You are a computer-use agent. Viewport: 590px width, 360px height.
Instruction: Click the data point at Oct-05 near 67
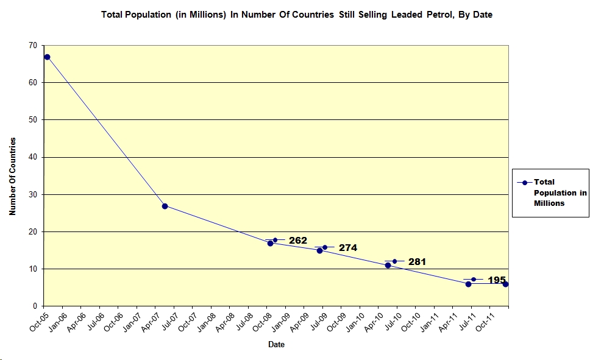click(x=47, y=57)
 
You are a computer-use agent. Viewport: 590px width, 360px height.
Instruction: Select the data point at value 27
click(x=165, y=206)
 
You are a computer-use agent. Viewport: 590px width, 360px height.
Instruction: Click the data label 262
click(x=298, y=241)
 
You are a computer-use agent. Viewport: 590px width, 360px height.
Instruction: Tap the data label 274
click(x=348, y=248)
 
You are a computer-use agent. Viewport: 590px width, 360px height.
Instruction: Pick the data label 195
click(x=497, y=280)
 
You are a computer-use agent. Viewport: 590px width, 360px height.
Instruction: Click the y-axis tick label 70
click(x=32, y=45)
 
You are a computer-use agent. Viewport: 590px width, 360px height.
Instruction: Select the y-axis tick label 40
click(x=32, y=157)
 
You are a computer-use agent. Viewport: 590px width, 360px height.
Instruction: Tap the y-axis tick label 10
click(x=32, y=269)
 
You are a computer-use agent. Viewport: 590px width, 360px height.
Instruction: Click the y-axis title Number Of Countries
click(x=12, y=176)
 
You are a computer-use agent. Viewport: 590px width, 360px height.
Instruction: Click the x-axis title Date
click(x=276, y=345)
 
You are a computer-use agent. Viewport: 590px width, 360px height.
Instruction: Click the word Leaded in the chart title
click(x=388, y=15)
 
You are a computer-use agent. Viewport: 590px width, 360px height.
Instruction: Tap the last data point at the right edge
click(x=505, y=284)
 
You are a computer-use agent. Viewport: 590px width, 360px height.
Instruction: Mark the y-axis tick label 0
click(x=34, y=306)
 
